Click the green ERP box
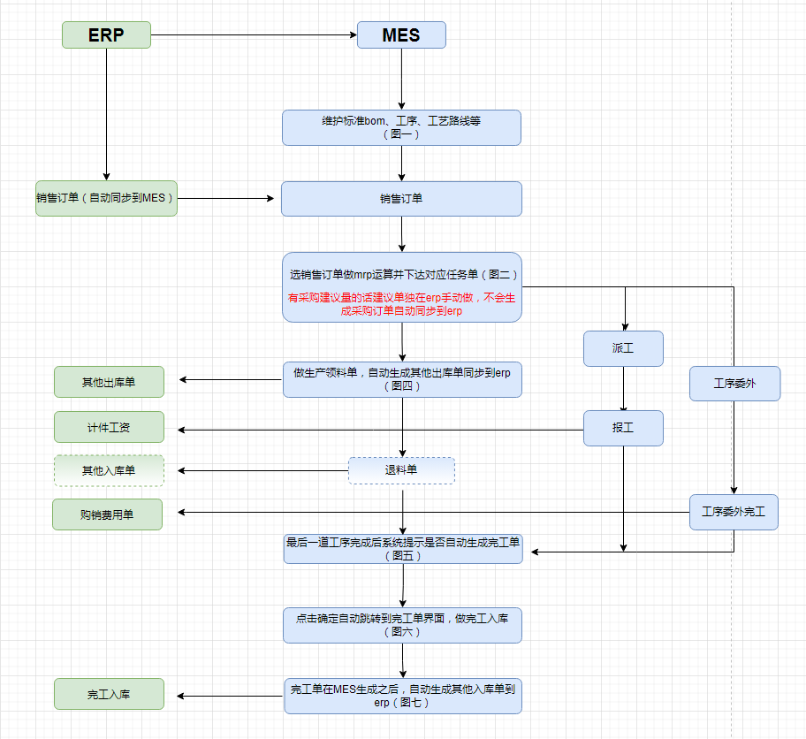106,35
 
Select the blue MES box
401,35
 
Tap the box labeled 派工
623,348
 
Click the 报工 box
623,428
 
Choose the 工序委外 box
734,384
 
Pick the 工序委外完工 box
734,512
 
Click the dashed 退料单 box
401,470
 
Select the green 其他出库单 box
109,382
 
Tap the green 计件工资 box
109,427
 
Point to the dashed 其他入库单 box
109,470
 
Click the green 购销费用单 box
107,514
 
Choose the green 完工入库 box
109,694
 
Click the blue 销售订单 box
401,199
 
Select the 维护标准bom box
401,127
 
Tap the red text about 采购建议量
401,305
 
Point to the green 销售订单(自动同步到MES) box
106,198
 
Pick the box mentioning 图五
402,549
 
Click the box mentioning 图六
402,625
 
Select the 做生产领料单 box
402,378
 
